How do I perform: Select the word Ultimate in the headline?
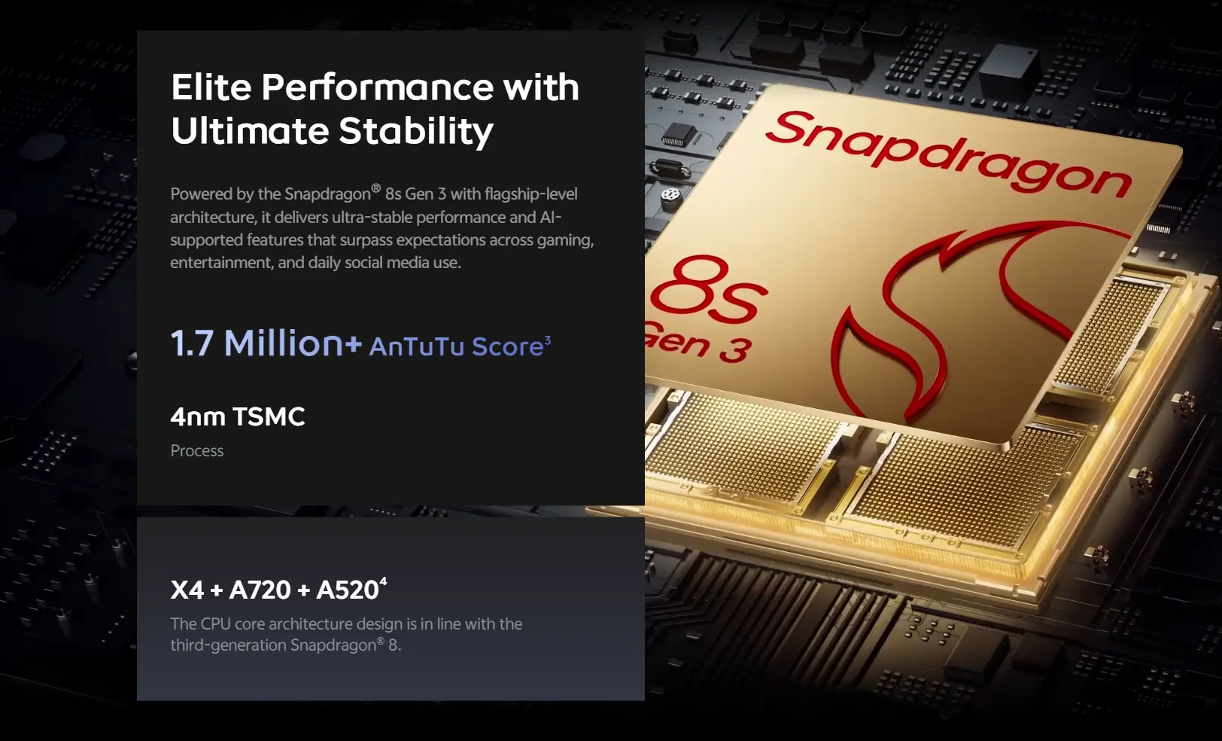(x=250, y=130)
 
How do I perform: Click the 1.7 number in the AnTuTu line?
(x=191, y=343)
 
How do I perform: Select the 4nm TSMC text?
(x=237, y=416)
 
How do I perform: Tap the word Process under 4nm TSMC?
(x=197, y=451)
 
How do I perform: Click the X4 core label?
(x=187, y=590)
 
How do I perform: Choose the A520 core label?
(x=348, y=590)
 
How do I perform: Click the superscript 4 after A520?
(x=384, y=581)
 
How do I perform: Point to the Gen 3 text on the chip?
(x=698, y=342)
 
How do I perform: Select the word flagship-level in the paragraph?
(x=530, y=194)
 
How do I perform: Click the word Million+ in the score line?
(x=293, y=343)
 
